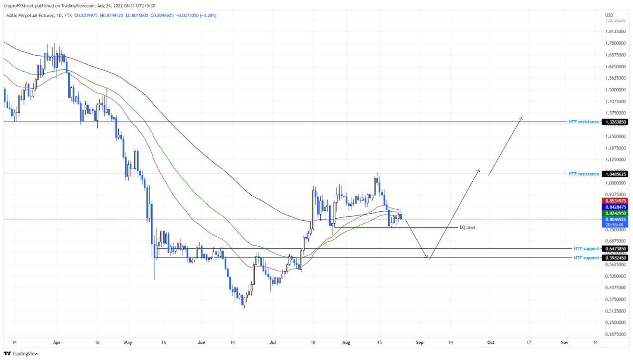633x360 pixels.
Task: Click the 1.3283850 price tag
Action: (x=614, y=122)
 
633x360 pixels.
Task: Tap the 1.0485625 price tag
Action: (x=614, y=174)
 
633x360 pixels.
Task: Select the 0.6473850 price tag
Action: (x=614, y=249)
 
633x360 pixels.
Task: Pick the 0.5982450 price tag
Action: (x=614, y=258)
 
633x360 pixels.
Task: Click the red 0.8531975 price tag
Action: (x=614, y=201)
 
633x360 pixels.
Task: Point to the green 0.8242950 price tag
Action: (x=614, y=213)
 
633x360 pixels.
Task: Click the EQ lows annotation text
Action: (x=467, y=227)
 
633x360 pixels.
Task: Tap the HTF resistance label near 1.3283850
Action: (x=584, y=122)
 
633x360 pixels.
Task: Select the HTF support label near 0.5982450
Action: (x=586, y=258)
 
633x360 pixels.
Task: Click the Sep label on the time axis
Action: (x=420, y=342)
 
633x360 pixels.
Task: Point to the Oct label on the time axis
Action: (x=491, y=342)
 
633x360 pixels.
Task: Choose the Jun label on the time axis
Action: (x=201, y=342)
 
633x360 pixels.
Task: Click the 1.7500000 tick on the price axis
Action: (x=615, y=43)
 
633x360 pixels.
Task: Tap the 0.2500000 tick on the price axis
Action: (x=615, y=323)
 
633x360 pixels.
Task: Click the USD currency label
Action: (x=609, y=15)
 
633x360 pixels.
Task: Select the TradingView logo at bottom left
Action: (x=21, y=353)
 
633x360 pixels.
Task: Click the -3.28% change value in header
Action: (x=208, y=16)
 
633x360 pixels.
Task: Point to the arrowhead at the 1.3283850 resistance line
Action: (x=521, y=119)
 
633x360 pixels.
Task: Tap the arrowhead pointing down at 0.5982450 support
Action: (x=427, y=258)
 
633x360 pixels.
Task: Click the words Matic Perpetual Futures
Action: (x=30, y=16)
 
